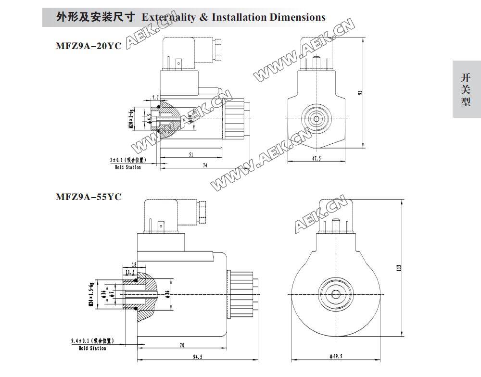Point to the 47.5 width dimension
[316, 157]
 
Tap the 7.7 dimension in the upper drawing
[155, 98]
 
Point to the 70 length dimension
[181, 345]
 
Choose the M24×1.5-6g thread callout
[90, 293]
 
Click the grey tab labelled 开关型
[466, 89]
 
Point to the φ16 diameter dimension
[103, 293]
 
